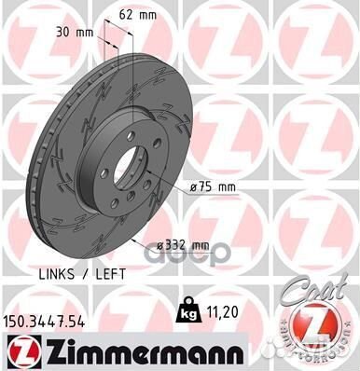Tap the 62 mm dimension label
(x=137, y=16)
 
